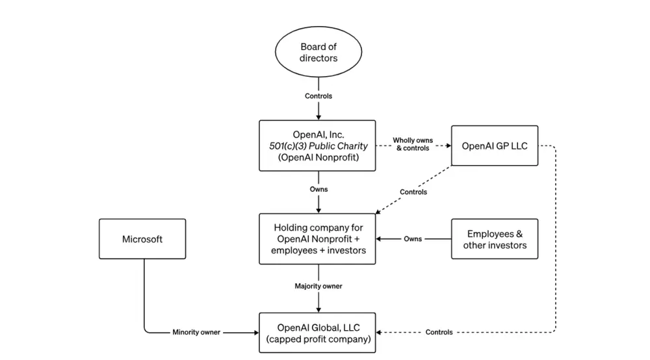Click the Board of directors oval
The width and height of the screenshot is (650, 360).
(x=318, y=53)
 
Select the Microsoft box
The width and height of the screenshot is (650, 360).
(x=142, y=239)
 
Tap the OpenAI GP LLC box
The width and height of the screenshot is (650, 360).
(x=495, y=146)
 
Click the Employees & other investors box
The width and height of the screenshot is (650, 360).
(x=495, y=239)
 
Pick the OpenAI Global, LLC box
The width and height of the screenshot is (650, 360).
(x=317, y=333)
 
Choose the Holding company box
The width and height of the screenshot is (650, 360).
(x=317, y=239)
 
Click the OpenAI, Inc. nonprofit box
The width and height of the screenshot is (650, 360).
(x=317, y=146)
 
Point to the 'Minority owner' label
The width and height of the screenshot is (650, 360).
(x=197, y=332)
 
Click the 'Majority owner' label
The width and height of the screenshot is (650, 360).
(x=318, y=286)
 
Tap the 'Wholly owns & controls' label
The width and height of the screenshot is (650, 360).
(x=412, y=144)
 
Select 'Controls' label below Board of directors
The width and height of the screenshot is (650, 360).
(x=318, y=96)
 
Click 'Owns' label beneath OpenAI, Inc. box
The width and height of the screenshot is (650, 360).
(x=318, y=190)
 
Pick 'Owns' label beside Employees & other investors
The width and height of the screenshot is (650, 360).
(x=412, y=239)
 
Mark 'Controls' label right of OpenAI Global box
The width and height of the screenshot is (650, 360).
(x=439, y=332)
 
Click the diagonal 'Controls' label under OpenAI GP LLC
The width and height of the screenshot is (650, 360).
(x=413, y=192)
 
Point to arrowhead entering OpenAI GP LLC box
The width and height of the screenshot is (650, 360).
(x=448, y=146)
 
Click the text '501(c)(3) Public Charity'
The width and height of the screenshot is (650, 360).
(x=317, y=146)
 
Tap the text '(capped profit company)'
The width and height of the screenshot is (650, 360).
(x=317, y=339)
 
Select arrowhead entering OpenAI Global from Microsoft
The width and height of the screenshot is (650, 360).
(x=255, y=333)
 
